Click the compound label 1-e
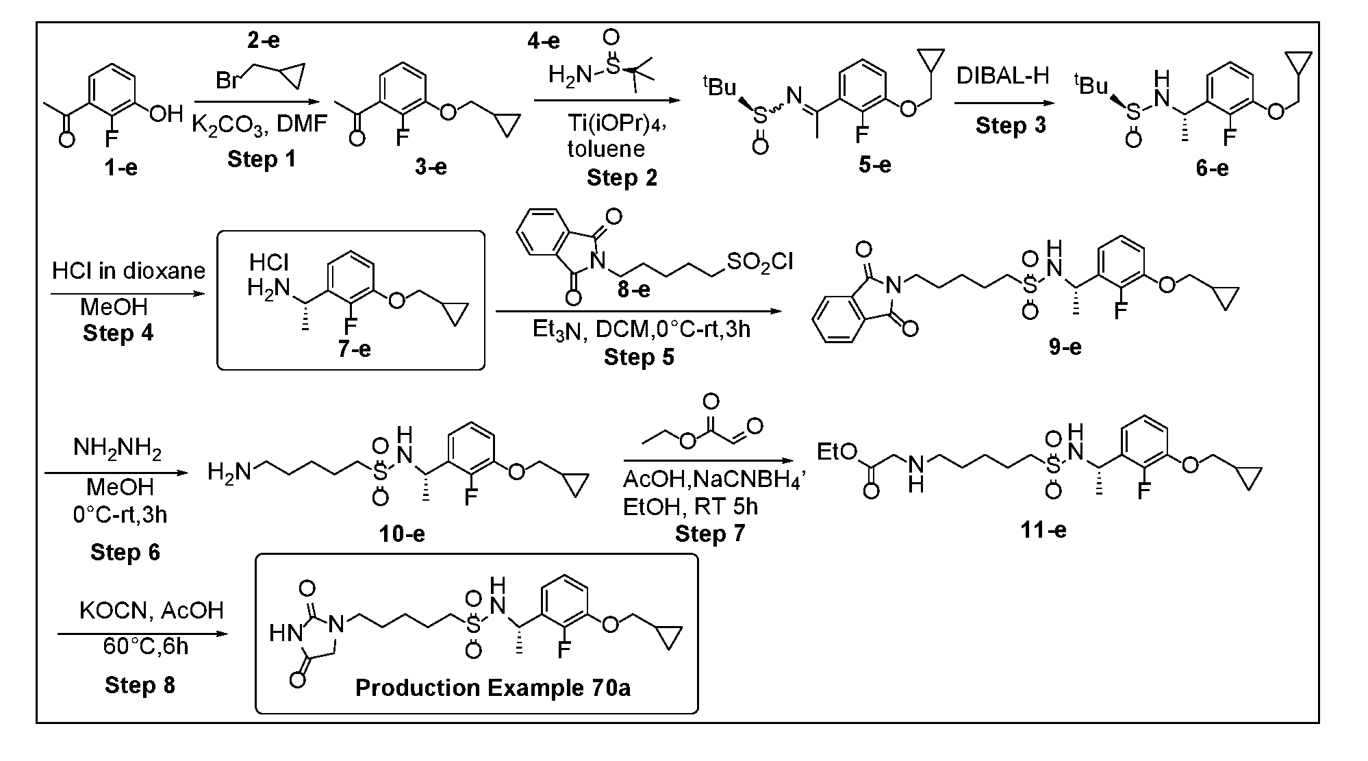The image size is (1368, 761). click(x=121, y=168)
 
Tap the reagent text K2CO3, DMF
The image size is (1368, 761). click(x=259, y=124)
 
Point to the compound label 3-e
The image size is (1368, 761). click(x=431, y=167)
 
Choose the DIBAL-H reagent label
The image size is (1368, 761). click(x=1002, y=75)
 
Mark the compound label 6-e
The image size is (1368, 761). click(x=1212, y=168)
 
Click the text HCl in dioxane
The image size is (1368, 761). click(x=129, y=271)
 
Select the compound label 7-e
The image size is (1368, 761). click(x=354, y=349)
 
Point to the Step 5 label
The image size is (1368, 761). click(x=638, y=357)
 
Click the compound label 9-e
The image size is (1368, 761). click(x=1065, y=347)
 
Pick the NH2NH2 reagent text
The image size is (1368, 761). click(x=118, y=449)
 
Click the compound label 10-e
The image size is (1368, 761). click(x=402, y=533)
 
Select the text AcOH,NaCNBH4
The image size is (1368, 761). click(x=713, y=479)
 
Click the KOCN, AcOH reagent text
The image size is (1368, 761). click(x=151, y=610)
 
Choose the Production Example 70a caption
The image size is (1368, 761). click(x=492, y=688)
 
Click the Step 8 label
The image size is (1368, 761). click(x=140, y=685)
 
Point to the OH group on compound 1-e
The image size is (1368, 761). click(x=166, y=114)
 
